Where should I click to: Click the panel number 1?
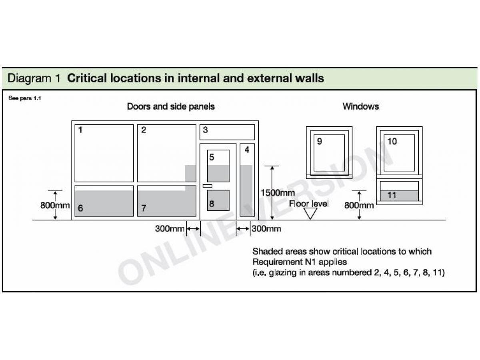pyautogui.click(x=80, y=130)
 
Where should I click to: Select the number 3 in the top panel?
pyautogui.click(x=205, y=130)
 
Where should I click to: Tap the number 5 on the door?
pyautogui.click(x=212, y=157)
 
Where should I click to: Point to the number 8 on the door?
pyautogui.click(x=212, y=204)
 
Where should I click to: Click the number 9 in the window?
pyautogui.click(x=319, y=141)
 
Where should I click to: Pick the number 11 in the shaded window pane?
pyautogui.click(x=392, y=195)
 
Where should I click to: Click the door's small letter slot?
pyautogui.click(x=208, y=186)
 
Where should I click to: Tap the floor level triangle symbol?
pyautogui.click(x=310, y=214)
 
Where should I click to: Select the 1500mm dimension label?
pyautogui.click(x=278, y=193)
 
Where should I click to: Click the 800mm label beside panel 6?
pyautogui.click(x=55, y=206)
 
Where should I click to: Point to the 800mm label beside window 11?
pyautogui.click(x=359, y=206)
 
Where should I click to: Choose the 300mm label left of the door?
pyautogui.click(x=170, y=229)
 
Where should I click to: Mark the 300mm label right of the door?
pyautogui.click(x=266, y=229)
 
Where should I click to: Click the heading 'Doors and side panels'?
pyautogui.click(x=171, y=106)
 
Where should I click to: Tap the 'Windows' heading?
pyautogui.click(x=360, y=106)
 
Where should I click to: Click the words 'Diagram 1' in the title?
pyautogui.click(x=34, y=78)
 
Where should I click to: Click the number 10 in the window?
pyautogui.click(x=392, y=141)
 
